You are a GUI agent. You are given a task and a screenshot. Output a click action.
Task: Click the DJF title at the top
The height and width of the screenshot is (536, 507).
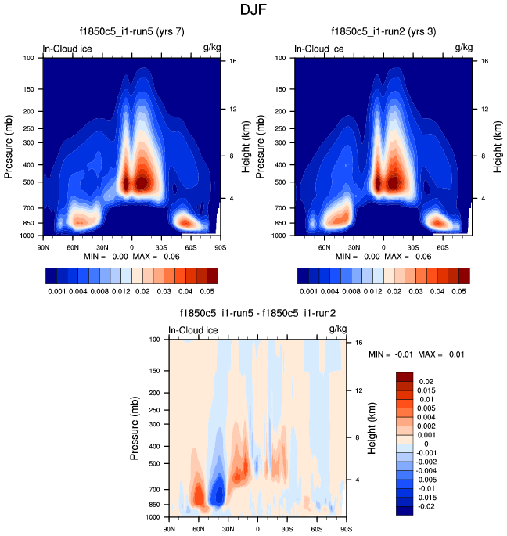pos(253,10)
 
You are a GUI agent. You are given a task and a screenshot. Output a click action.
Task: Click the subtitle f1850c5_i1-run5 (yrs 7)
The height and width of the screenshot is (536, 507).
pos(132,32)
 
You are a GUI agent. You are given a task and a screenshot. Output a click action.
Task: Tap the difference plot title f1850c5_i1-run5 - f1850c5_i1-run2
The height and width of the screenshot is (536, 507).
pos(258,314)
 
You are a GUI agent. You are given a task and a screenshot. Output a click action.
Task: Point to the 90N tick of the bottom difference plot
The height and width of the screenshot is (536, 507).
pos(168,528)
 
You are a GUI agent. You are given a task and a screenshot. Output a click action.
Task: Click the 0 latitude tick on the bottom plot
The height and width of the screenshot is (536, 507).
pos(257,528)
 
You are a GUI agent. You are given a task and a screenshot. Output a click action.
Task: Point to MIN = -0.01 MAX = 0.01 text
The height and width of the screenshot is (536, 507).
pos(416,354)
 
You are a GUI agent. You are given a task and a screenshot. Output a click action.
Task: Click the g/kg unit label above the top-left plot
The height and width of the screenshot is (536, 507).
pos(211,49)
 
